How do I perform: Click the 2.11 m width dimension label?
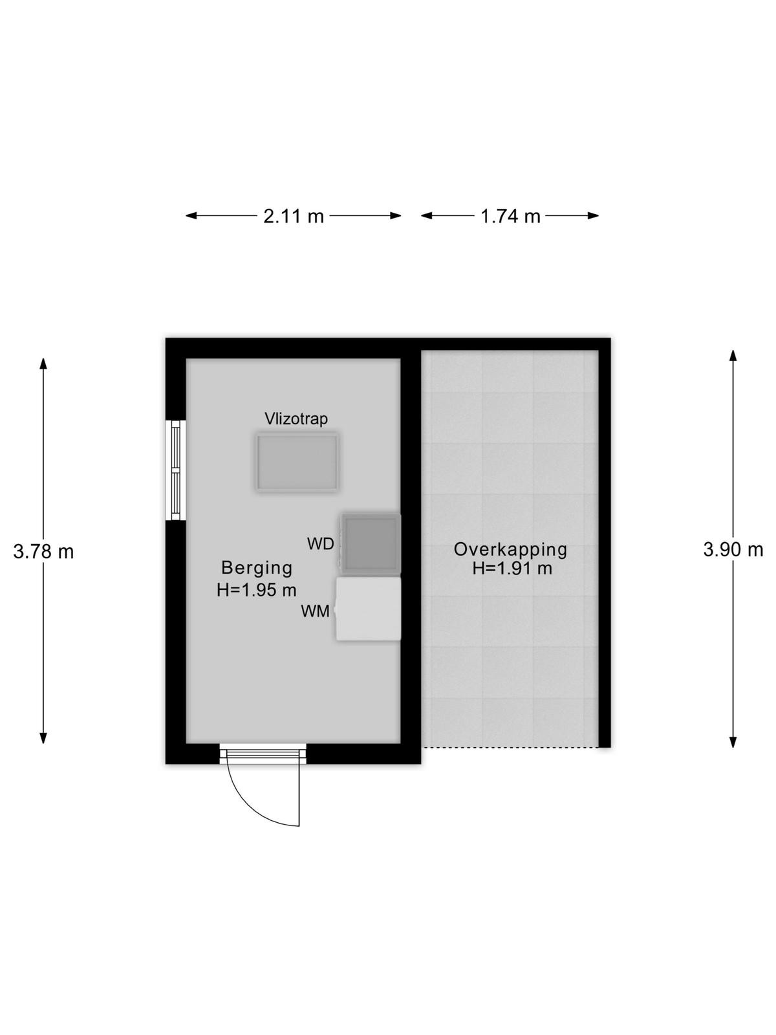click(293, 217)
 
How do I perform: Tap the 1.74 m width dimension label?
click(510, 217)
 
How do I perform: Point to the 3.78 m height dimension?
click(43, 551)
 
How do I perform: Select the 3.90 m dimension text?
click(733, 549)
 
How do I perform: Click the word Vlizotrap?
click(296, 419)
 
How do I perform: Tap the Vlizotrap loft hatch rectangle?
click(297, 462)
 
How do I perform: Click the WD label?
click(320, 543)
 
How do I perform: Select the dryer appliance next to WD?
click(371, 543)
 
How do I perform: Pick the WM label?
click(315, 611)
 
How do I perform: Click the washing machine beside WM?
click(368, 609)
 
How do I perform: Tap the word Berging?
click(257, 568)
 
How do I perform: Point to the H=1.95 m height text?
click(256, 590)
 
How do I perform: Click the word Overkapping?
click(510, 550)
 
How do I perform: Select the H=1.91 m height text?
click(512, 568)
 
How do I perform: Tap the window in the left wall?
click(175, 470)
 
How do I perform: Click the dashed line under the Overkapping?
click(510, 747)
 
